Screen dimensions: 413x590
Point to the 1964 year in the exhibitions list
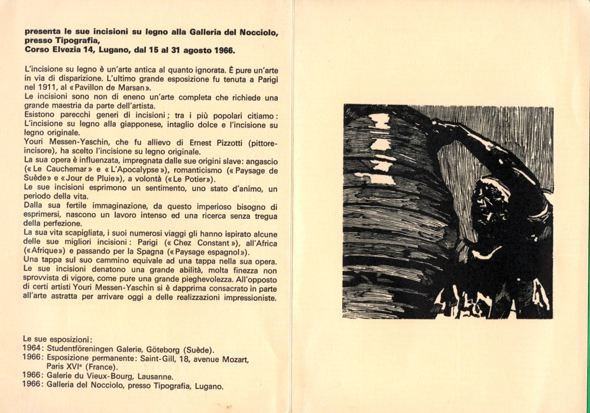33,349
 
